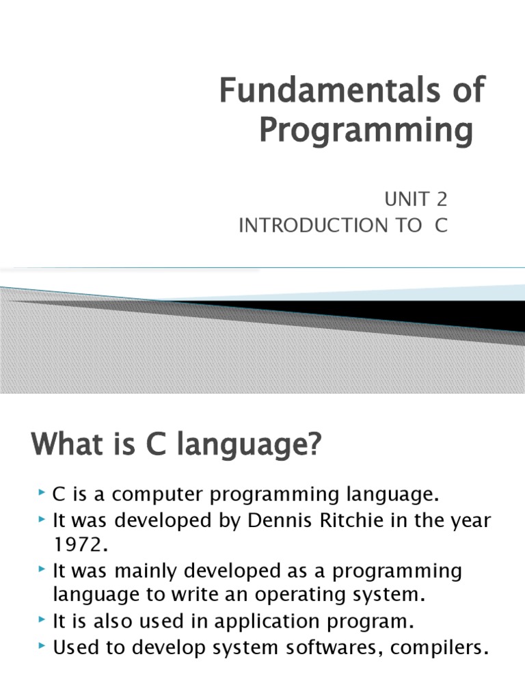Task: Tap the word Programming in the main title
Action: [x=366, y=130]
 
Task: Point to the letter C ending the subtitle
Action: [x=441, y=226]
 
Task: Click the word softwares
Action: [x=305, y=647]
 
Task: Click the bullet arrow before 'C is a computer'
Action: [x=43, y=494]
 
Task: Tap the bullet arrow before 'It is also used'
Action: [x=43, y=621]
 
